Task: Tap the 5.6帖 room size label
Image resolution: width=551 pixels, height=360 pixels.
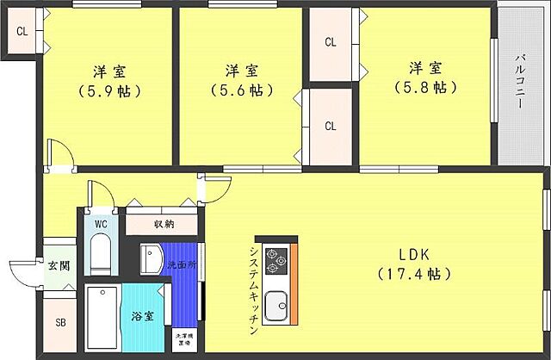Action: (x=238, y=90)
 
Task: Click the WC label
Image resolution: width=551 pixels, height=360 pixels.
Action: (x=101, y=225)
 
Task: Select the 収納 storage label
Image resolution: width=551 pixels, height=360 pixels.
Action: (x=164, y=224)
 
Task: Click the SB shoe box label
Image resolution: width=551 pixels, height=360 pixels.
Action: (x=59, y=324)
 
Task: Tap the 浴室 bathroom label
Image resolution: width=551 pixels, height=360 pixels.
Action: (x=144, y=316)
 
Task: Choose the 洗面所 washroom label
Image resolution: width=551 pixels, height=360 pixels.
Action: (x=183, y=264)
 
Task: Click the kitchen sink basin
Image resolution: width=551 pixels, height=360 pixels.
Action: (x=276, y=305)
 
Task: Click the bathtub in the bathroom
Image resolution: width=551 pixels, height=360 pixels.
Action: (x=102, y=320)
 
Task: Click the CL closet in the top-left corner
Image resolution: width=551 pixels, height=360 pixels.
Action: (x=22, y=33)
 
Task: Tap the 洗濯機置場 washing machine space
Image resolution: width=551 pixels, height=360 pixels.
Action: (x=183, y=338)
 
